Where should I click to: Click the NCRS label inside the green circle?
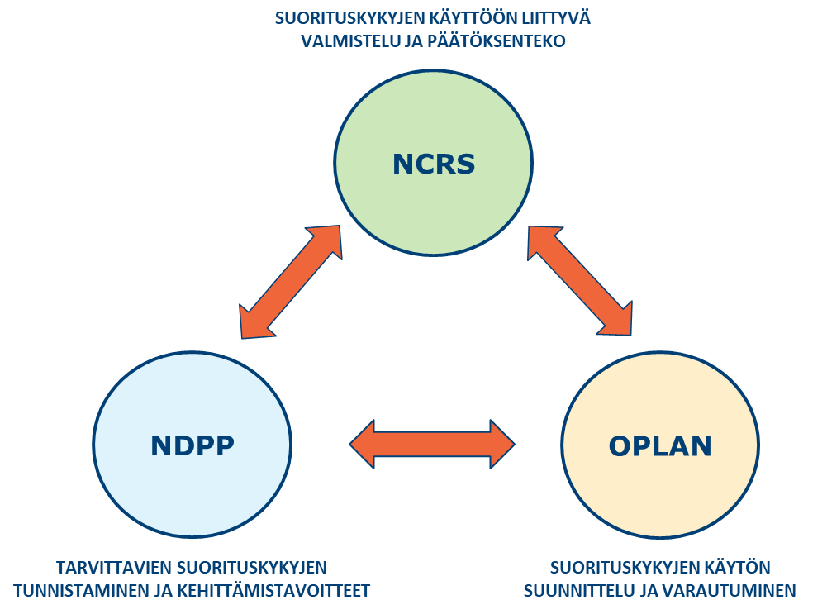click(434, 164)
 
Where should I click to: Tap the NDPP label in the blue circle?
click(192, 445)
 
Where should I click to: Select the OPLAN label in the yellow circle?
click(660, 446)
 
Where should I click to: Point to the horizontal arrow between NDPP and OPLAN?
click(433, 445)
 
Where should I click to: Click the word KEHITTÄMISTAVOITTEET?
click(280, 591)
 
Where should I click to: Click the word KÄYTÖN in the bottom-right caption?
click(735, 568)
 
